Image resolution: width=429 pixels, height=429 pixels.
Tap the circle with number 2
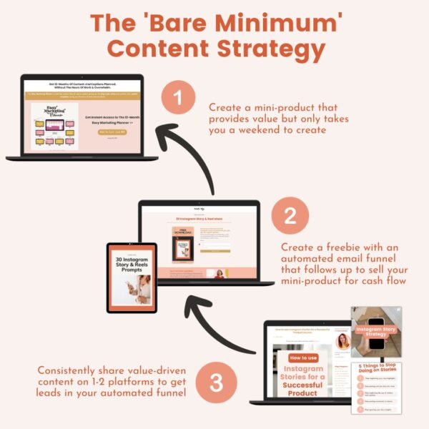coord(290,215)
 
